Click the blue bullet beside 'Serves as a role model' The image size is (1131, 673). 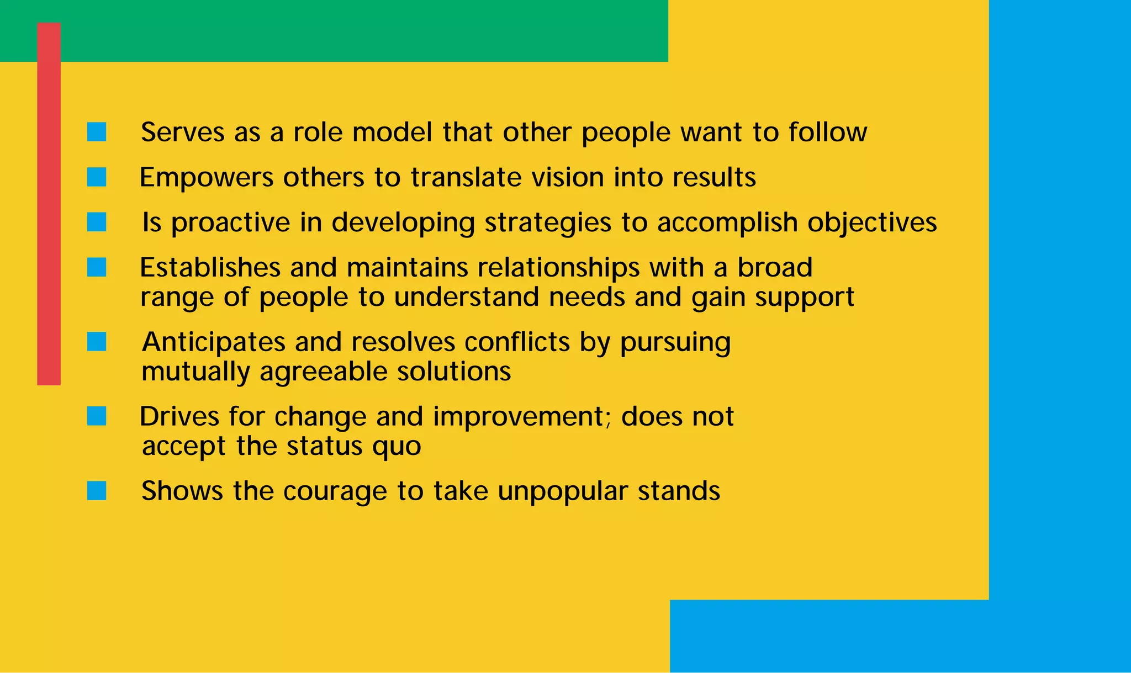point(97,132)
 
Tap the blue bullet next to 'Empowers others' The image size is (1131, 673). point(97,177)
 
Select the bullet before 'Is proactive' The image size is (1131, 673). point(97,222)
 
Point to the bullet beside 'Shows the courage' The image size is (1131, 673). point(97,490)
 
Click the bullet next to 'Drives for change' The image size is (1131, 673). point(97,416)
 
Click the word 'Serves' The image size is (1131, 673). point(183,133)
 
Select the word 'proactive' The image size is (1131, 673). point(230,223)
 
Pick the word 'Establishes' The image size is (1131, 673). point(210,268)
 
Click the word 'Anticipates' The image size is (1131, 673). point(214,342)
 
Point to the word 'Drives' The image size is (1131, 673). point(179,416)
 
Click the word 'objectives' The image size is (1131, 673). point(872,222)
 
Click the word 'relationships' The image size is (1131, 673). point(559,268)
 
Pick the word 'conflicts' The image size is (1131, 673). point(517,342)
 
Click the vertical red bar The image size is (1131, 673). point(49,204)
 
